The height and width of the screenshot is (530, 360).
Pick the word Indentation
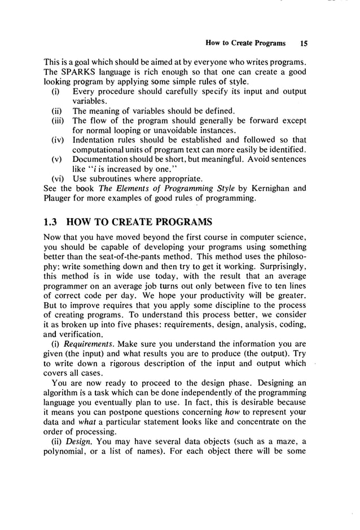point(97,140)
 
